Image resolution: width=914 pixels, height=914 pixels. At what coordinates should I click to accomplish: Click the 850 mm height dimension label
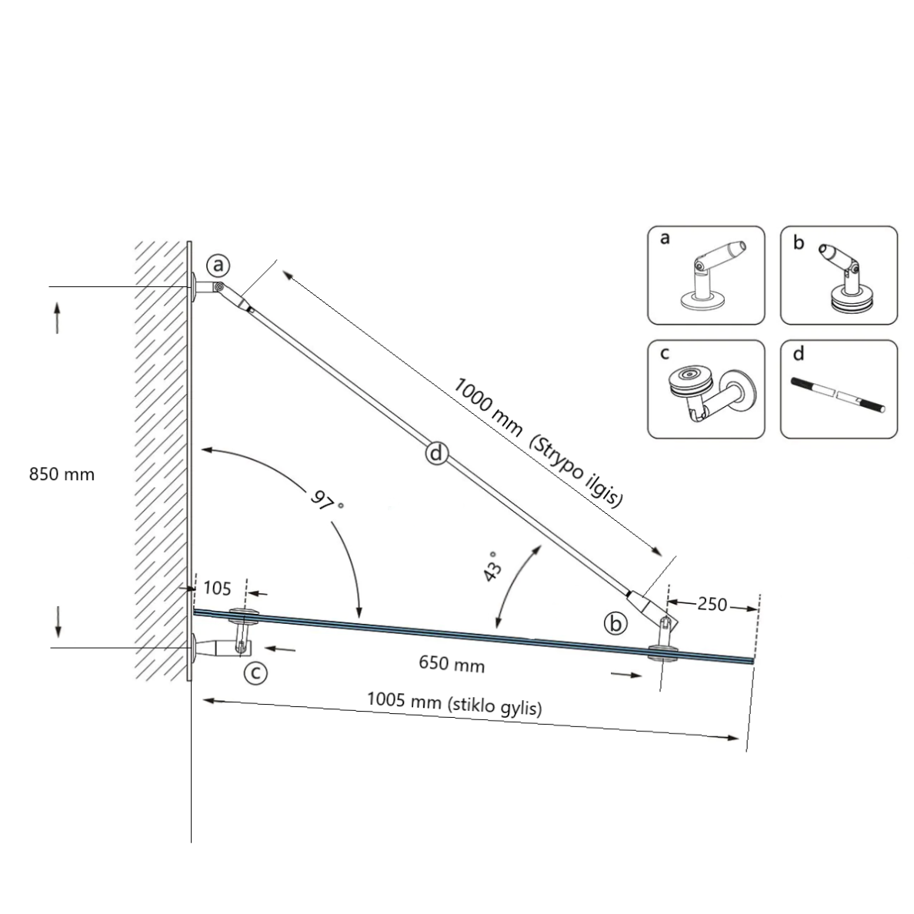click(x=62, y=474)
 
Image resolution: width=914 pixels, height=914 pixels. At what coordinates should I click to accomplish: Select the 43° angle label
click(x=492, y=566)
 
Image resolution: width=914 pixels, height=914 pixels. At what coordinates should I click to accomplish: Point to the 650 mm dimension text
click(x=452, y=663)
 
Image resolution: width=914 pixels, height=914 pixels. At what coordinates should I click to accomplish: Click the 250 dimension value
click(x=712, y=604)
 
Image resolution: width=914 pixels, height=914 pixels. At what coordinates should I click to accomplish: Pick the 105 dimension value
click(x=218, y=588)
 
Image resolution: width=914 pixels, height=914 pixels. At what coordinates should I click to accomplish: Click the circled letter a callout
click(x=218, y=265)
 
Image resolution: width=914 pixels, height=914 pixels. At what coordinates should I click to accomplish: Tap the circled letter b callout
click(x=615, y=623)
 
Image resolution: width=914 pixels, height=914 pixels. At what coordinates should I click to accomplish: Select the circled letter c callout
click(x=255, y=673)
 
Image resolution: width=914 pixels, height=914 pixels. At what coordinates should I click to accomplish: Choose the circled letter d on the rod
click(x=436, y=452)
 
